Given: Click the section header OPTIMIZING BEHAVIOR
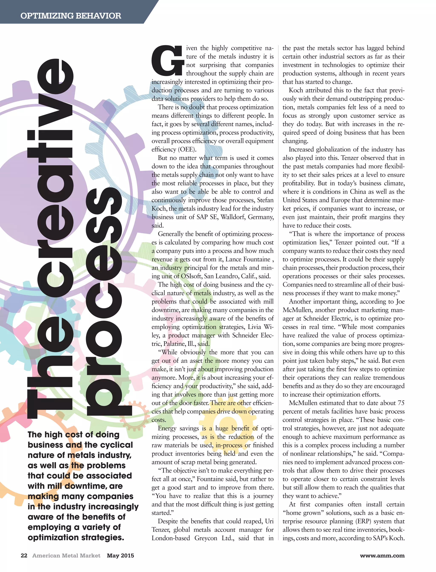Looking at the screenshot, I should tap(71, 16).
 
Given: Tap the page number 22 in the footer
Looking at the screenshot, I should tap(24, 555).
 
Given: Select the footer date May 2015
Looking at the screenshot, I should tap(120, 555).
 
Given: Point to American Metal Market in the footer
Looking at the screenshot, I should tap(66, 555).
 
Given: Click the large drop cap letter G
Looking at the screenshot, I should tap(167, 60).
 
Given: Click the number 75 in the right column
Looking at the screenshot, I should tap(401, 403).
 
